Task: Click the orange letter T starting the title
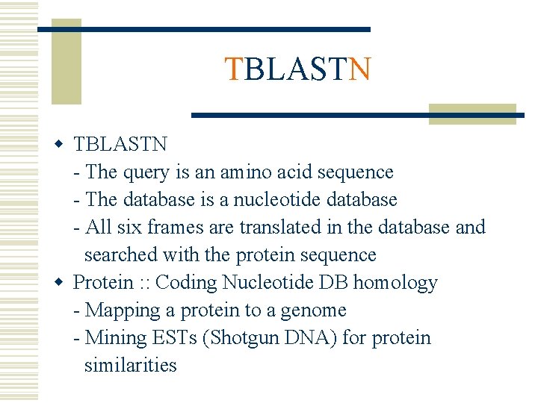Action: pos(234,69)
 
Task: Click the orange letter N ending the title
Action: pos(359,69)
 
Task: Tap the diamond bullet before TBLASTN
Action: pos(65,143)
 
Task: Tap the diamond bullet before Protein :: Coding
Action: pos(65,282)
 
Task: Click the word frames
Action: pos(169,227)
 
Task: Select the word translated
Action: pos(269,227)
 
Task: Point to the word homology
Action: pos(395,283)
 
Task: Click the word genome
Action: pos(313,310)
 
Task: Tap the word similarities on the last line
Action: pos(131,366)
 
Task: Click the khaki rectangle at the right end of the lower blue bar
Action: pos(472,113)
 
